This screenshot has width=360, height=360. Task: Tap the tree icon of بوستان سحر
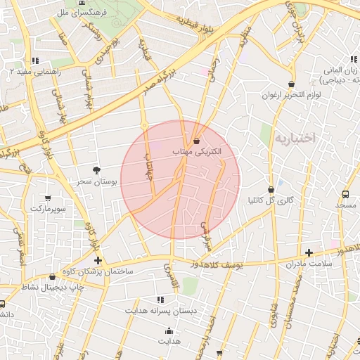96,170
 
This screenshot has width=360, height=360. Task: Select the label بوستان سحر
96,181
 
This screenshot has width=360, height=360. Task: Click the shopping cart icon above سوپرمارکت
48,198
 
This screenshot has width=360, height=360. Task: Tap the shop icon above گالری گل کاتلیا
271,189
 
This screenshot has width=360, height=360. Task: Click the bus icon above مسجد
345,194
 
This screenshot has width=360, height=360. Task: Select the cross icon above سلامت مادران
309,252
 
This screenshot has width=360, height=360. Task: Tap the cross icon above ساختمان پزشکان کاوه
98,261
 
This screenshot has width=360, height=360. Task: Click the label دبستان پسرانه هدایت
161,310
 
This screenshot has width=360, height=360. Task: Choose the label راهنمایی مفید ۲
37,71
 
